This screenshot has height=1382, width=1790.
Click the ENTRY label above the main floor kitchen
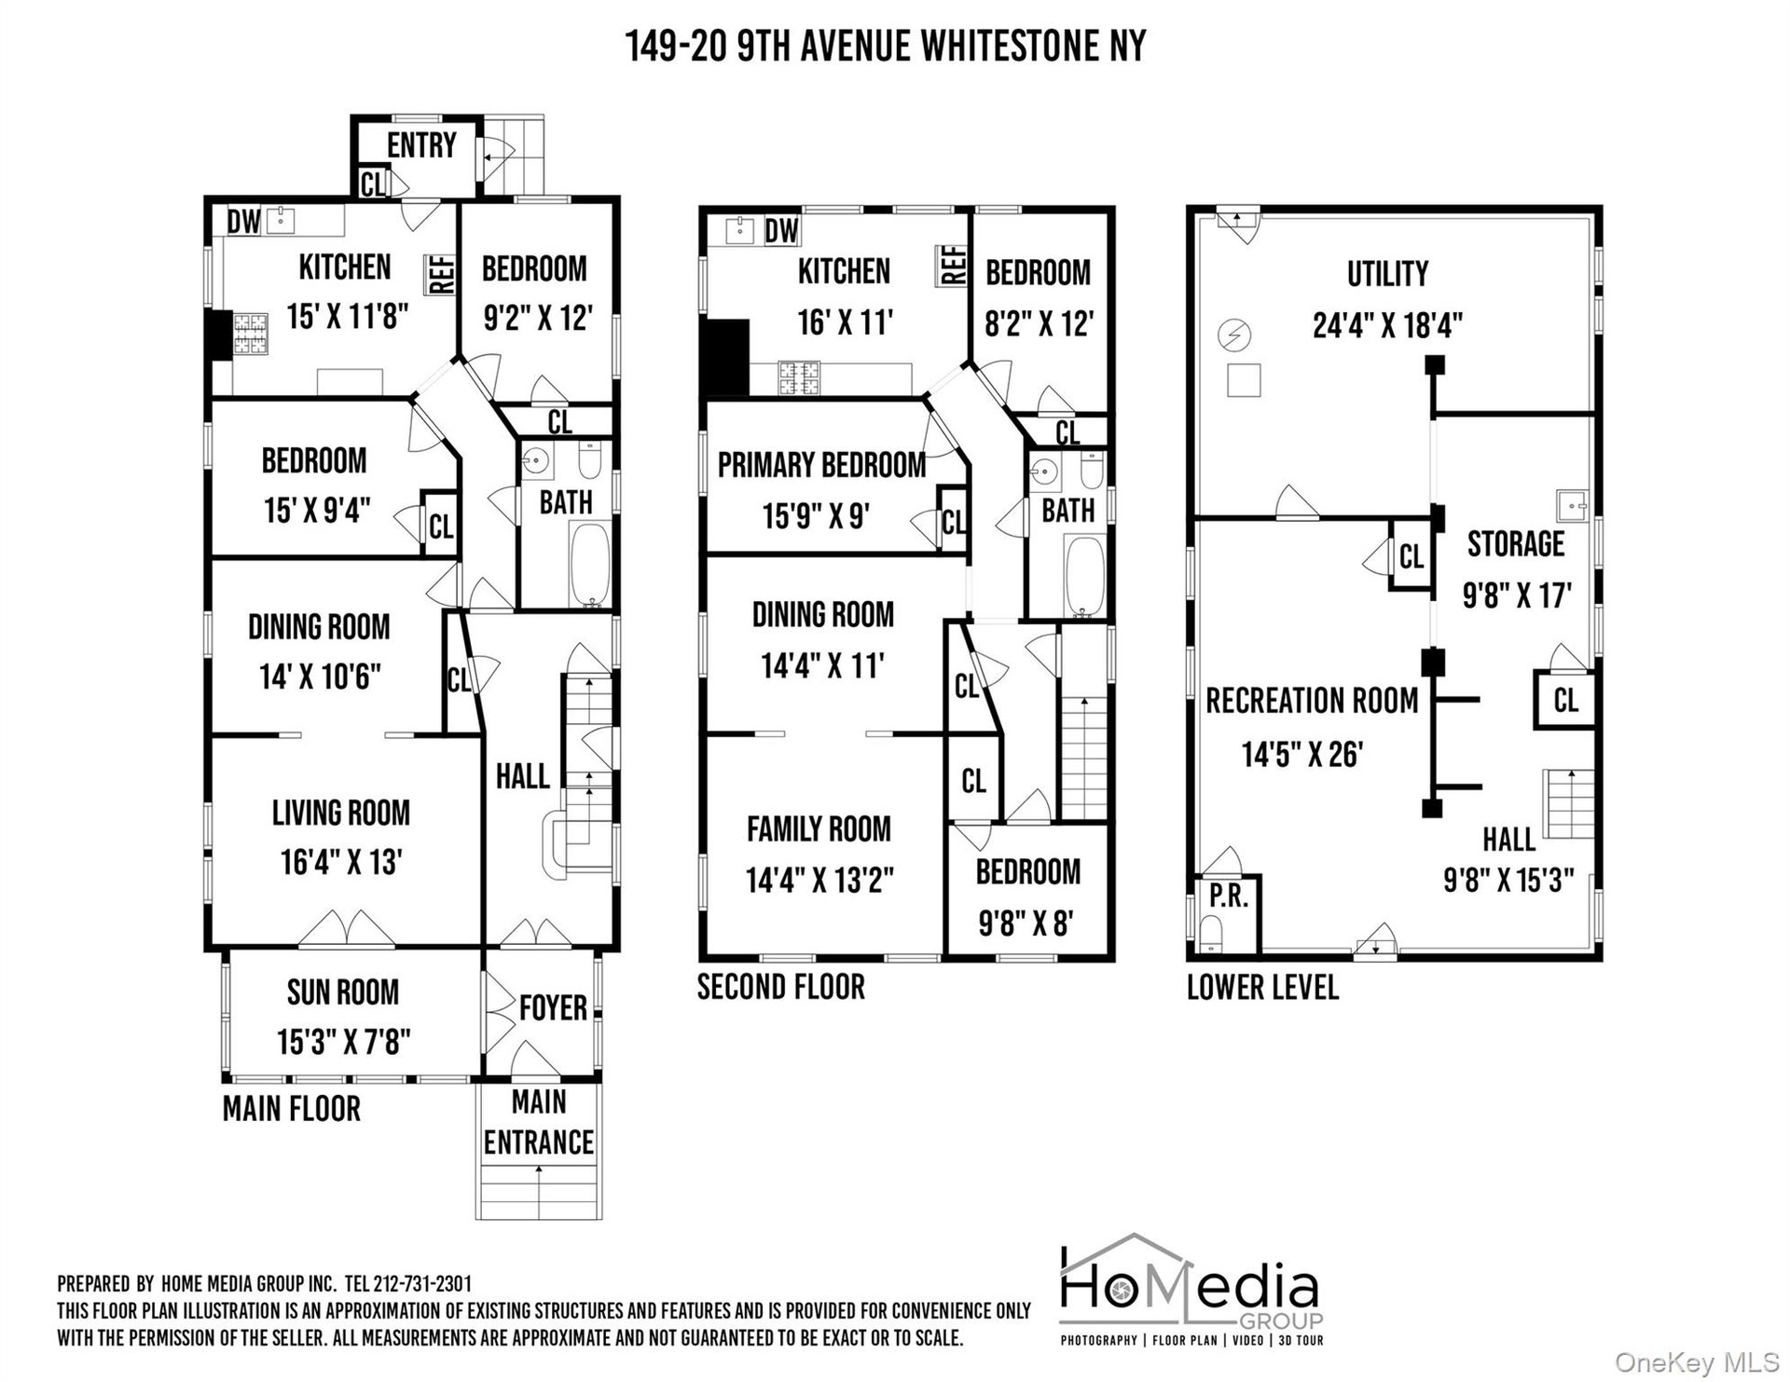[421, 145]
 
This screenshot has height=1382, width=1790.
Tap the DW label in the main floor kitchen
[244, 222]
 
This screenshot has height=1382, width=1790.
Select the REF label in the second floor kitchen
[952, 266]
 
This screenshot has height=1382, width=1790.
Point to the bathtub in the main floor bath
[589, 565]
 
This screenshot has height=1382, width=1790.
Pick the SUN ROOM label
[343, 992]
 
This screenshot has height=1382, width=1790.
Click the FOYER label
[553, 1007]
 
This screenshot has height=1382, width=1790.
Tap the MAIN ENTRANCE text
[539, 1122]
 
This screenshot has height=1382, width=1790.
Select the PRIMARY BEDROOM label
[821, 465]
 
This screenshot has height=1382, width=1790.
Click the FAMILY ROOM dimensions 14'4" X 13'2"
[819, 880]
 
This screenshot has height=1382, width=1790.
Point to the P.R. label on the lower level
[1229, 896]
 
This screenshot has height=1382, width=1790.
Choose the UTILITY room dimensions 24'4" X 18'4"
[1387, 325]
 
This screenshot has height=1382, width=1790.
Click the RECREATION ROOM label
[1312, 701]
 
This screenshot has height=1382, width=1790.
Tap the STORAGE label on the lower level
[1516, 544]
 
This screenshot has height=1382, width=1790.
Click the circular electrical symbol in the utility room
[1234, 334]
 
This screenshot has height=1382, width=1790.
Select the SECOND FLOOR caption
[781, 987]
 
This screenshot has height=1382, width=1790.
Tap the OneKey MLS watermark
[1697, 1363]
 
